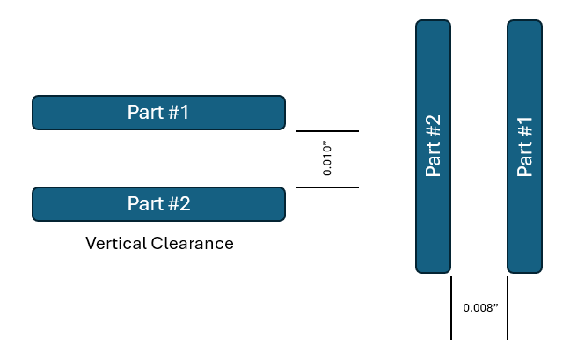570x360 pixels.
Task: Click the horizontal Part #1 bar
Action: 159,113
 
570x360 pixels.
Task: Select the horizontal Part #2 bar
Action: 159,204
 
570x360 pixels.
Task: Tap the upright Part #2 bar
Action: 434,146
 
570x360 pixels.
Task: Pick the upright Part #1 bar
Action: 525,146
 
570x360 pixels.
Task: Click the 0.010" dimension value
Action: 327,159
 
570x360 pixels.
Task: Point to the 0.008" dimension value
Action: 480,308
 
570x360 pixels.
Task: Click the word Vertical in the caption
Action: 116,243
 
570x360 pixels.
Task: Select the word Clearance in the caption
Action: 193,243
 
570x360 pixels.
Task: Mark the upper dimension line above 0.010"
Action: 327,131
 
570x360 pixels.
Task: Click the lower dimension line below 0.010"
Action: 327,187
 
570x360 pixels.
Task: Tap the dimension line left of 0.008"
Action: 451,308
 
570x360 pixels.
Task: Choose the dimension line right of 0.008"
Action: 508,308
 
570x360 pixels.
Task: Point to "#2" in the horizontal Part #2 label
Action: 179,203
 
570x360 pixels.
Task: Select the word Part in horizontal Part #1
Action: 145,112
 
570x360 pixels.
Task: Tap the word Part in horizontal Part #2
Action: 145,203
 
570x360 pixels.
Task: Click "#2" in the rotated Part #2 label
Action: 433,126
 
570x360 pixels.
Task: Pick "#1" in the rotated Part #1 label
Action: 524,128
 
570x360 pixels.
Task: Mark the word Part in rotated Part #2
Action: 433,159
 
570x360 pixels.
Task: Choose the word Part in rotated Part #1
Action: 524,159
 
